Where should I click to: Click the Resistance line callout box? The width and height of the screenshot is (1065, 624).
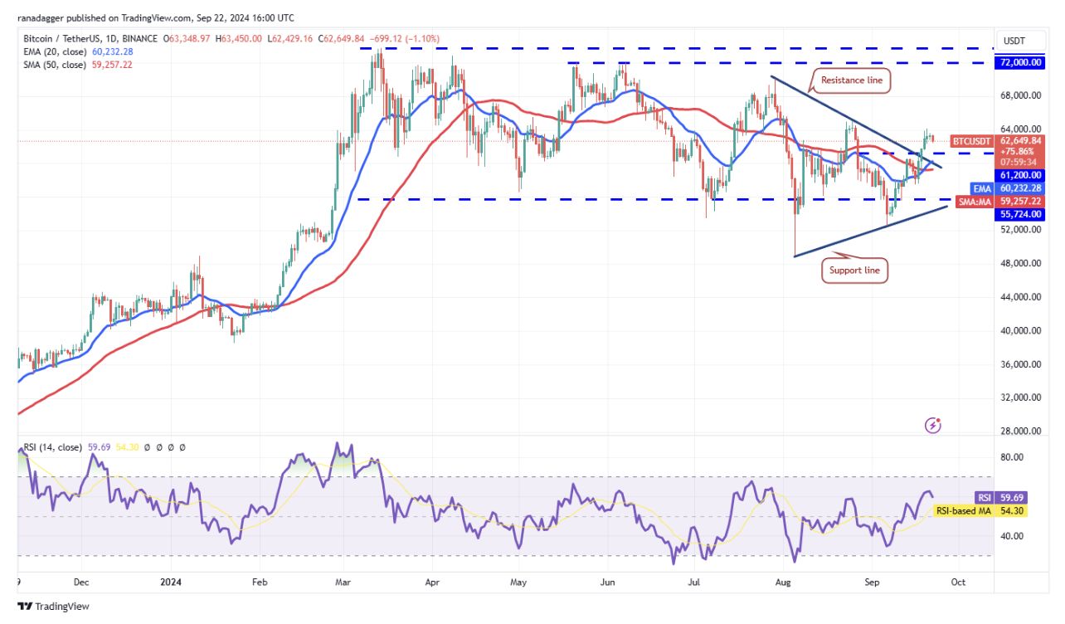click(x=852, y=80)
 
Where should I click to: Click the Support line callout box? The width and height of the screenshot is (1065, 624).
click(x=854, y=271)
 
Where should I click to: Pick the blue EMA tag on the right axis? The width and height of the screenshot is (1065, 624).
click(x=983, y=188)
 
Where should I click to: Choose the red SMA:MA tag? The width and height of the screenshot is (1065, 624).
click(x=975, y=202)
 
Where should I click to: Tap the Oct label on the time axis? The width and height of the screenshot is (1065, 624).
click(x=957, y=582)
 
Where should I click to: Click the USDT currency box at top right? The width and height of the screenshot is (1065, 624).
click(x=1014, y=41)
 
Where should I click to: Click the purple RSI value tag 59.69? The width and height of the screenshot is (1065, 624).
click(x=1010, y=498)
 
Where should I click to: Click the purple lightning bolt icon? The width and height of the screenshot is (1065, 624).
click(x=933, y=426)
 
